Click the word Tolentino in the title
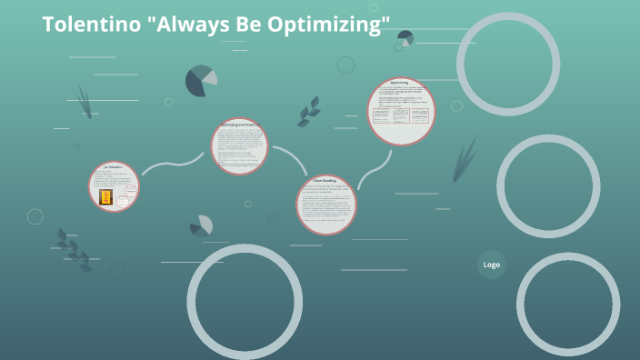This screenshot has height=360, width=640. (83, 25)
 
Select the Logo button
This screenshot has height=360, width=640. (492, 265)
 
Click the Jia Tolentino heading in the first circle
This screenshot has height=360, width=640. (113, 168)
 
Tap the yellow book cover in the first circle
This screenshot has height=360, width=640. (106, 196)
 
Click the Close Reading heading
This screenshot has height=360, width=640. (325, 181)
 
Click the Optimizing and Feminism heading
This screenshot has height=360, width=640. (240, 125)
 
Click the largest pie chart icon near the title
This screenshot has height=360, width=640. (201, 81)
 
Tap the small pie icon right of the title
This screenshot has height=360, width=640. (405, 38)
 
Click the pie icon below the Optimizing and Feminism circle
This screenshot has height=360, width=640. (201, 225)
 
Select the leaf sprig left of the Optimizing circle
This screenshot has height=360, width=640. (309, 112)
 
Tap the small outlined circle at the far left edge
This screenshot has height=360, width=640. (35, 216)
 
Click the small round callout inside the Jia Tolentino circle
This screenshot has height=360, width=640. (130, 192)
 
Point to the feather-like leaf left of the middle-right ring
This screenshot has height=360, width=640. (465, 158)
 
